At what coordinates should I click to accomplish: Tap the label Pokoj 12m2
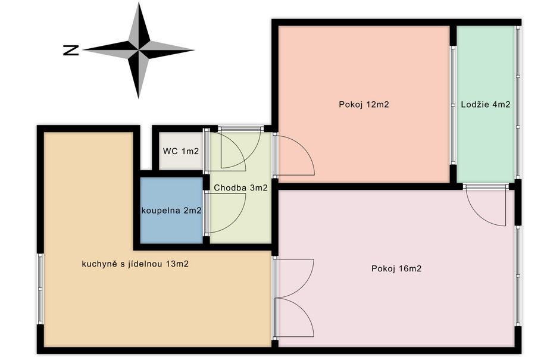click(364, 104)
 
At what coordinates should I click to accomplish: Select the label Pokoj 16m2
click(396, 268)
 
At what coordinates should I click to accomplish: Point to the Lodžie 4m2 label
click(486, 104)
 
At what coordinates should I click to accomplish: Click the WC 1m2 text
click(181, 151)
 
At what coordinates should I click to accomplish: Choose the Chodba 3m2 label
click(240, 187)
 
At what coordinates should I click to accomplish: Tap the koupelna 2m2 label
click(171, 211)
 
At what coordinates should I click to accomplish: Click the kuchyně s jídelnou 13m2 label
click(135, 264)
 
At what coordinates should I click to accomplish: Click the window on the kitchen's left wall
click(40, 289)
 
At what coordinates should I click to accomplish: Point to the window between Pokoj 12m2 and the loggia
click(453, 105)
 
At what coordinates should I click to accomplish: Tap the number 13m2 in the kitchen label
click(177, 264)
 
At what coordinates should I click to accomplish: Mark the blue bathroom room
click(171, 211)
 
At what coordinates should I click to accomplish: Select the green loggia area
click(486, 104)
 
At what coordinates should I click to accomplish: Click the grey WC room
click(181, 151)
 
